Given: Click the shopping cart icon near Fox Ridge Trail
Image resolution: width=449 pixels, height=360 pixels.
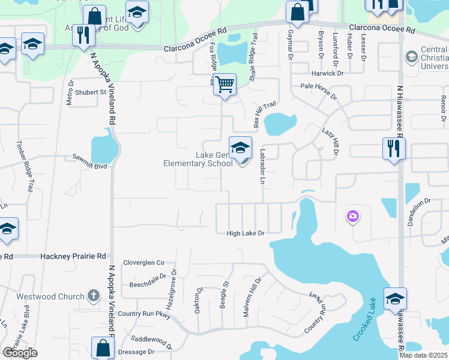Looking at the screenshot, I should click(x=224, y=84).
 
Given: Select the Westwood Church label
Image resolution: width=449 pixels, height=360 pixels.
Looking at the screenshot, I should click(x=58, y=296).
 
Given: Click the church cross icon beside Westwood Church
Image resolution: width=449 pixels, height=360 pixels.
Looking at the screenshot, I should click(x=92, y=295).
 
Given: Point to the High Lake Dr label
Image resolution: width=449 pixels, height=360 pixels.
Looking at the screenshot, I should click(x=246, y=233).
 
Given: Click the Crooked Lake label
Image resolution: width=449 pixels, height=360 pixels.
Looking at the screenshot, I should click(x=364, y=328).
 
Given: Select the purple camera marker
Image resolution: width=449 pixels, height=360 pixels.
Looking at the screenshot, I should click(x=352, y=216).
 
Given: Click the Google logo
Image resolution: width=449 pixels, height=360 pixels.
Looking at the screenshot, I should click(x=20, y=353).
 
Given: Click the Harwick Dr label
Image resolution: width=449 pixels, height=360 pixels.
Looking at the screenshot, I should click(x=327, y=74).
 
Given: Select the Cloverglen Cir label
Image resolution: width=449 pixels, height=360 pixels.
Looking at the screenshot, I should click(x=143, y=263).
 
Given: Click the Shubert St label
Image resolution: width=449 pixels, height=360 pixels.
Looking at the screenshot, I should click(x=91, y=92).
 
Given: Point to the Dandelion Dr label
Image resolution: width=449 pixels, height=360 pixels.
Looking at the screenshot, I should click(x=419, y=212).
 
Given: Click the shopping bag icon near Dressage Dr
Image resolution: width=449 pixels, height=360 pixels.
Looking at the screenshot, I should click(x=103, y=347).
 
